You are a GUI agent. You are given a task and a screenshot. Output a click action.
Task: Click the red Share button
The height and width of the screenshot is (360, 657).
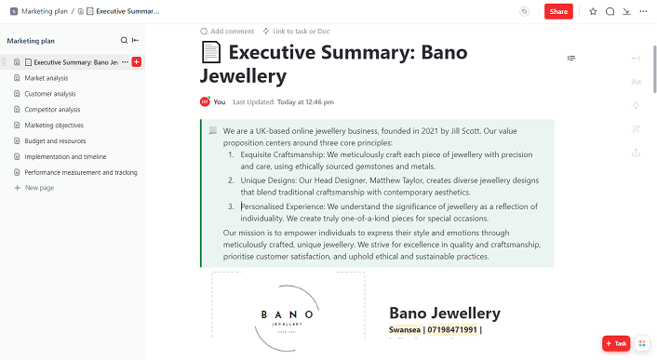click(x=558, y=11)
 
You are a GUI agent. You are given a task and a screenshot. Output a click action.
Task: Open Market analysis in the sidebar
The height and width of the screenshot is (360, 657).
click(x=47, y=78)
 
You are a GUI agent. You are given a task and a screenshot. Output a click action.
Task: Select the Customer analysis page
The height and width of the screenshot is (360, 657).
click(x=50, y=94)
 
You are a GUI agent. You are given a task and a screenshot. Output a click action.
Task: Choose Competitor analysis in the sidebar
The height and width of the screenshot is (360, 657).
click(x=52, y=110)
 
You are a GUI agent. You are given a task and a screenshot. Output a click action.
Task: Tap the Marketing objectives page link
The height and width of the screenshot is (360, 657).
click(x=54, y=126)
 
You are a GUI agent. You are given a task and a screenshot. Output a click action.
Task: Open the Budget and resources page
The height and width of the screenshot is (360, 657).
click(x=54, y=141)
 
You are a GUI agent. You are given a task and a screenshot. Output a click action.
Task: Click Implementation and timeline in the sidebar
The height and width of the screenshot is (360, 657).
click(x=65, y=157)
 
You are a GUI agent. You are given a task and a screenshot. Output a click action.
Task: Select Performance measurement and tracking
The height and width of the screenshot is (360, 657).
click(x=80, y=173)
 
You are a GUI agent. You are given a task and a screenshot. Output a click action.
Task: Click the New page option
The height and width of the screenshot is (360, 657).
click(x=39, y=188)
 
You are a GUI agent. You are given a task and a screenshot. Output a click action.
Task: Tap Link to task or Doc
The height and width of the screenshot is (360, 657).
click(x=297, y=31)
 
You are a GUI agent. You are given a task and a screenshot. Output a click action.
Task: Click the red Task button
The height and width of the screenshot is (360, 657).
click(x=616, y=343)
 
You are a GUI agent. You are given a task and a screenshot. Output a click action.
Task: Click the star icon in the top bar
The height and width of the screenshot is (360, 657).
click(x=593, y=11)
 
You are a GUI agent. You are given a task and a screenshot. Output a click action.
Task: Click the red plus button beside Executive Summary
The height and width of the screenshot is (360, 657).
click(x=137, y=62)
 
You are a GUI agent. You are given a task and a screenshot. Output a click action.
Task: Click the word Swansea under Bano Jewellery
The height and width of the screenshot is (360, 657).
click(x=406, y=330)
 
